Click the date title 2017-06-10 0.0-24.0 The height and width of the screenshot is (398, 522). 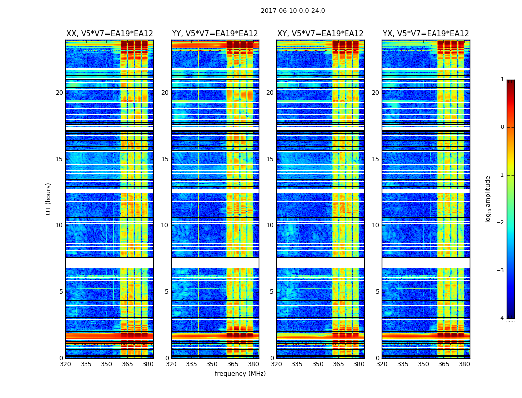tap(293, 11)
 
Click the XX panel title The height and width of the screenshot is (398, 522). tap(109, 34)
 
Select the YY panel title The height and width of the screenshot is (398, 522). tap(215, 34)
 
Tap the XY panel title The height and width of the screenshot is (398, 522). tap(320, 34)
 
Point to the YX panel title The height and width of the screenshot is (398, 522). tap(426, 34)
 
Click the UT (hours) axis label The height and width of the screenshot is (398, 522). tap(49, 199)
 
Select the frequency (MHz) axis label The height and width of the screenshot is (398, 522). tap(240, 374)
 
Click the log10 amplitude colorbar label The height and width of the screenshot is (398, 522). tap(488, 199)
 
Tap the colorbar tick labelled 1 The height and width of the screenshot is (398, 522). tap(502, 80)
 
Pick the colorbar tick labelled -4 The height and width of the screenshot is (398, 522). tap(501, 318)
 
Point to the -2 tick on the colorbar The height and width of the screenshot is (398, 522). tap(501, 223)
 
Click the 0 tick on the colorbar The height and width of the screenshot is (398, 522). tap(502, 127)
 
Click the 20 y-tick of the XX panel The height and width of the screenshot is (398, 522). tap(59, 93)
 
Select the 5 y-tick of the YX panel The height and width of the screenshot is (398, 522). tap(378, 292)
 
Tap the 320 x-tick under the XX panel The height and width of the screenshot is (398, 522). tap(65, 364)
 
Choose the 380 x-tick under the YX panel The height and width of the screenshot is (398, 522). tap(464, 364)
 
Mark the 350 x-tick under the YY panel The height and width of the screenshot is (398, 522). tap(212, 364)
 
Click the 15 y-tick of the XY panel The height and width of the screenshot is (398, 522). tap(270, 159)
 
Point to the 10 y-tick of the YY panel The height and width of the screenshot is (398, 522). tap(165, 225)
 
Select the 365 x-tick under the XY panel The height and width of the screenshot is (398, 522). tap(338, 364)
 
